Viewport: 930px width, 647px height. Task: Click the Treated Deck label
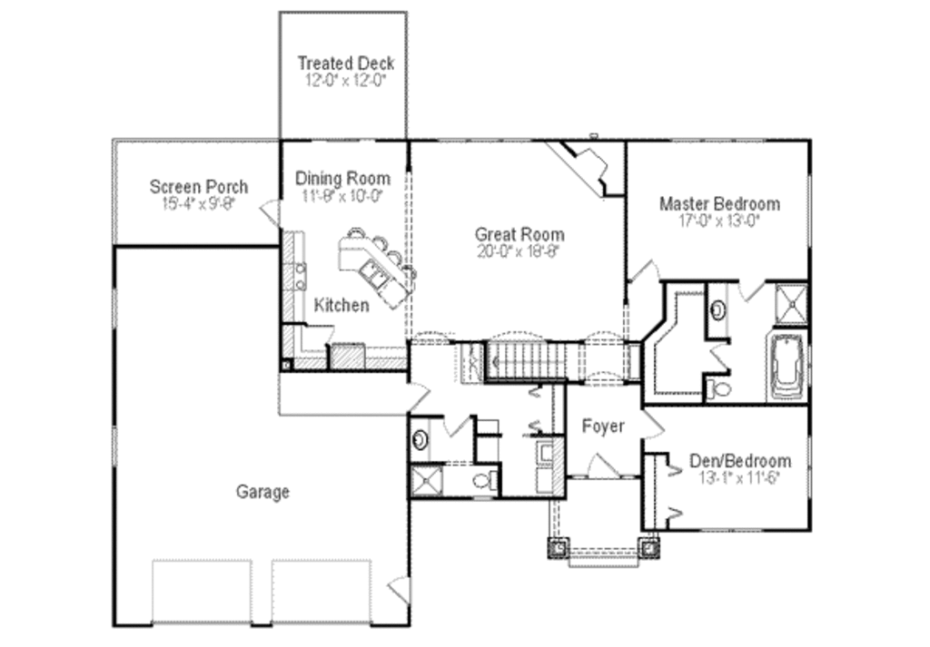tap(346, 64)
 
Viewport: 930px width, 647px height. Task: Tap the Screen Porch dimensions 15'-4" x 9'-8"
tap(198, 204)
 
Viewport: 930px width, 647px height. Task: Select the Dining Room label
tap(342, 179)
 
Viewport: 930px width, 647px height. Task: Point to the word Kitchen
tap(341, 305)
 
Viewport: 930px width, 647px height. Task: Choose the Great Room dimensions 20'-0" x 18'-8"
tap(520, 252)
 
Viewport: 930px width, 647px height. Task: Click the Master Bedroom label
tap(719, 203)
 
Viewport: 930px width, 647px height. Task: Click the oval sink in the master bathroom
tap(717, 309)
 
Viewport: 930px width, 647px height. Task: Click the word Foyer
tap(603, 426)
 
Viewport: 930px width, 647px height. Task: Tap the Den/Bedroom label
tap(739, 461)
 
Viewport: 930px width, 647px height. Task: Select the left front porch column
tap(557, 547)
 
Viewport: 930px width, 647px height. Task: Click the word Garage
tap(263, 492)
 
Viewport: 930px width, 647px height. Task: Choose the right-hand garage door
tap(322, 590)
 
